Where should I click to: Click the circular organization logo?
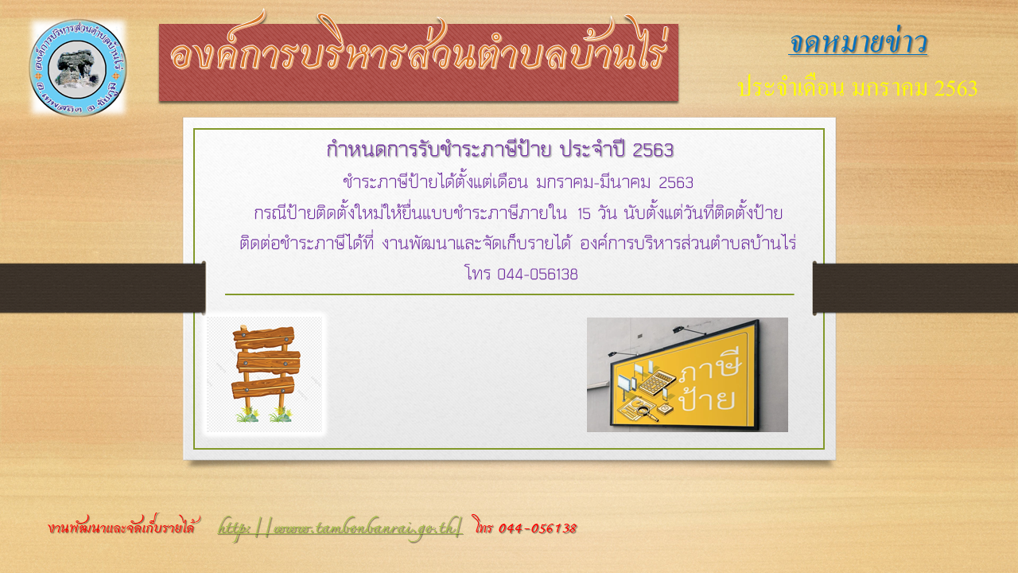(78, 68)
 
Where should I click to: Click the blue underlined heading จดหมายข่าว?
(858, 43)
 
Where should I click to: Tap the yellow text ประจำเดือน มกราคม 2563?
(857, 88)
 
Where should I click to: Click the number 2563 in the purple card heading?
(653, 150)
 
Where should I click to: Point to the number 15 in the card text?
(584, 213)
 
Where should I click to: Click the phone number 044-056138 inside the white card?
(537, 275)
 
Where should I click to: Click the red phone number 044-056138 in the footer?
(538, 528)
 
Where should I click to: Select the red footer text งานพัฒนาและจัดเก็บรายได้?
(122, 528)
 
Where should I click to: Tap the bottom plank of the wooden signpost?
(263, 388)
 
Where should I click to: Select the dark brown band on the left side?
(103, 288)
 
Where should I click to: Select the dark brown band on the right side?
(915, 288)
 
